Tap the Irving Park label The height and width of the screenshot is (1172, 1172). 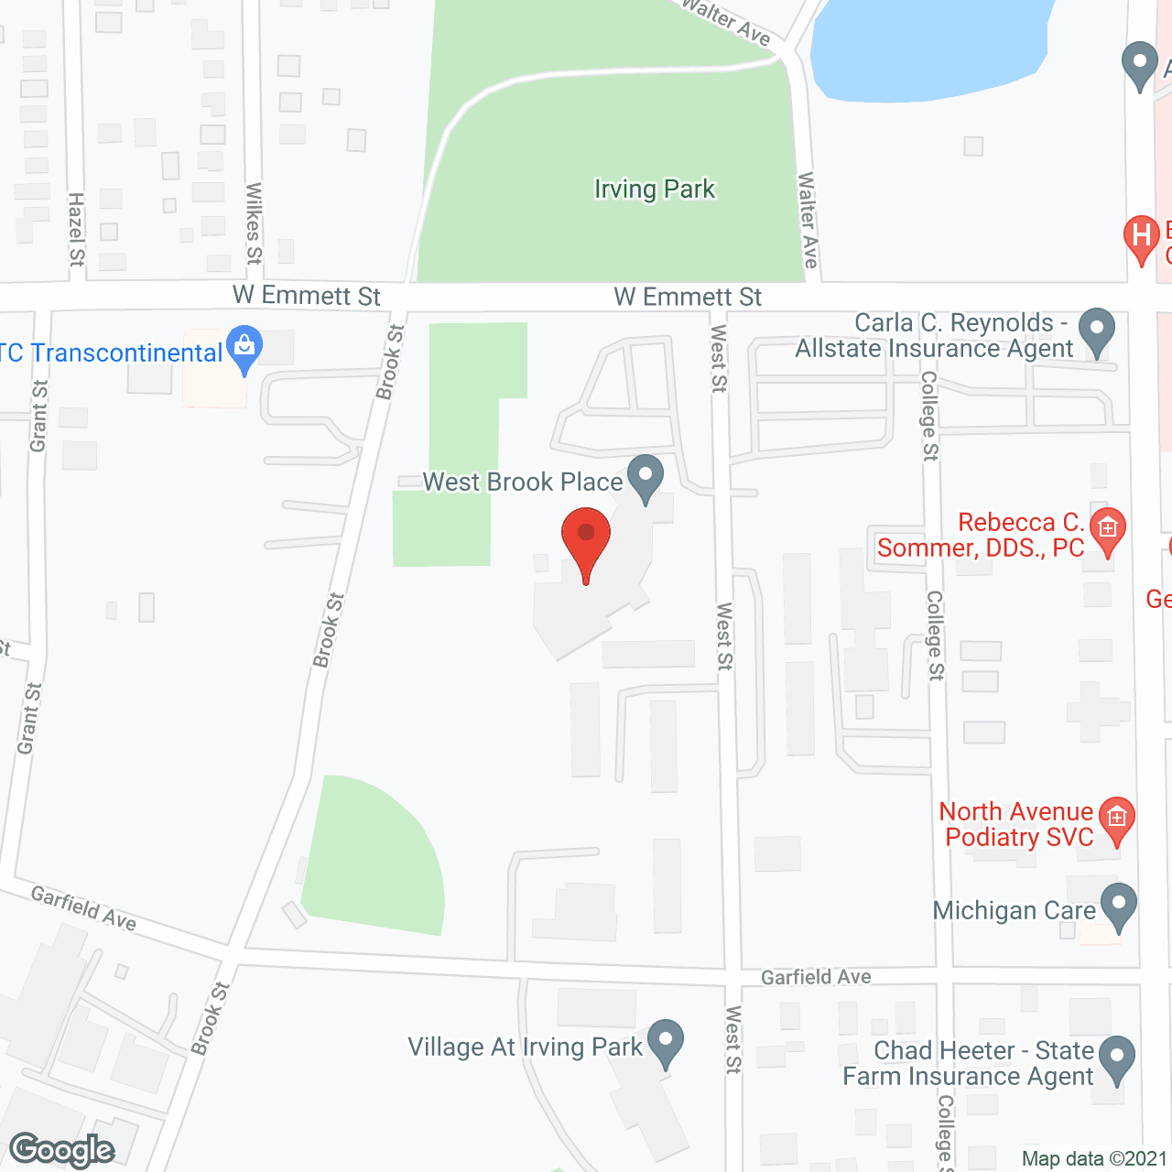click(x=655, y=190)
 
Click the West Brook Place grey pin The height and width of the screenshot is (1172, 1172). click(x=646, y=477)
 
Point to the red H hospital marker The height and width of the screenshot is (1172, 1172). click(x=1141, y=237)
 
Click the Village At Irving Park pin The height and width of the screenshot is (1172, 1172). click(x=665, y=1042)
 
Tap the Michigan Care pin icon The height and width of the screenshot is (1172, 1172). click(x=1118, y=906)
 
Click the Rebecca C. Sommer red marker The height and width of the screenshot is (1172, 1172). click(x=1108, y=530)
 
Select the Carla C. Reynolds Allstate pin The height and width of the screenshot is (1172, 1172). click(x=1096, y=331)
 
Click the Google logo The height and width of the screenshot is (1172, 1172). click(x=62, y=1150)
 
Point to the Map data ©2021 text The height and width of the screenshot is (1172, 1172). click(x=1094, y=1158)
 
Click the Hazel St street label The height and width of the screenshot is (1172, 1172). click(x=77, y=229)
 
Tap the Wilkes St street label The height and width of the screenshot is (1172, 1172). click(x=254, y=223)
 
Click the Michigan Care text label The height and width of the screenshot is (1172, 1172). click(x=1014, y=911)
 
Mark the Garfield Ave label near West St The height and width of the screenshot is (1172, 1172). click(x=816, y=977)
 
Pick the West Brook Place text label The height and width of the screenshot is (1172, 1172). click(x=522, y=482)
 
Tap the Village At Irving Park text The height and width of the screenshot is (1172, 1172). click(x=525, y=1047)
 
